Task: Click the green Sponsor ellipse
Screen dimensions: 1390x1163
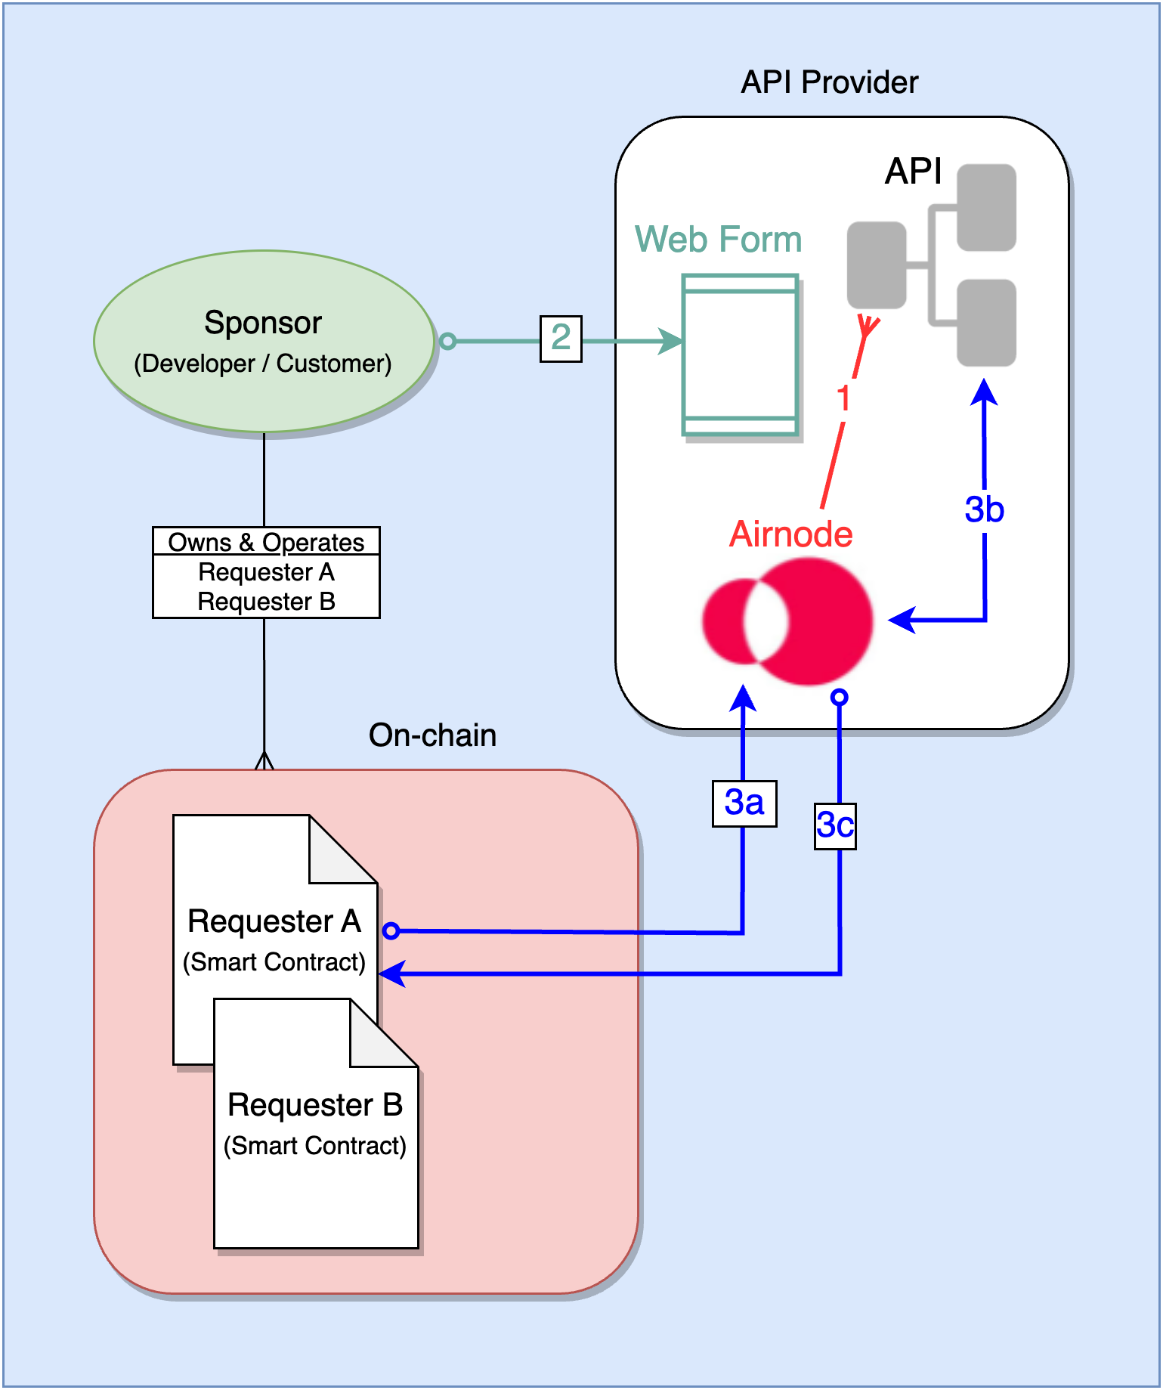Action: pos(264,341)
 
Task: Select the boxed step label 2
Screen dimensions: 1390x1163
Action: pos(561,338)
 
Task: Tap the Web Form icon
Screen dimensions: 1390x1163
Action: pos(740,354)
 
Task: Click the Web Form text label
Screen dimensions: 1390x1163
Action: pos(718,240)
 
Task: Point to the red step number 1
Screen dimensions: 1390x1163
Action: pos(843,398)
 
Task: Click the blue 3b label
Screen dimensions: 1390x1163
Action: pos(984,509)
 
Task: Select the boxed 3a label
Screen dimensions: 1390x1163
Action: pos(744,803)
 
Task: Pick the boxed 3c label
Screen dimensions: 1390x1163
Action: pos(835,825)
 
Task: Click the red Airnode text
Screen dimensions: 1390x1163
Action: pos(790,534)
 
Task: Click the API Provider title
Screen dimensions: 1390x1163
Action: pos(829,82)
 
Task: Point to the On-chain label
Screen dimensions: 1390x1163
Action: pos(432,735)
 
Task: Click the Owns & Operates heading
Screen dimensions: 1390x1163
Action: pos(266,542)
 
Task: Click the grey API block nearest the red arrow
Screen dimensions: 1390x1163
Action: pos(877,265)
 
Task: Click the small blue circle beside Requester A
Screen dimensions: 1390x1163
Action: pos(391,930)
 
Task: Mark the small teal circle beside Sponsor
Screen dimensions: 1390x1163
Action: pos(447,341)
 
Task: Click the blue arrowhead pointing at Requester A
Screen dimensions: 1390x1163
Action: pos(391,974)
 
